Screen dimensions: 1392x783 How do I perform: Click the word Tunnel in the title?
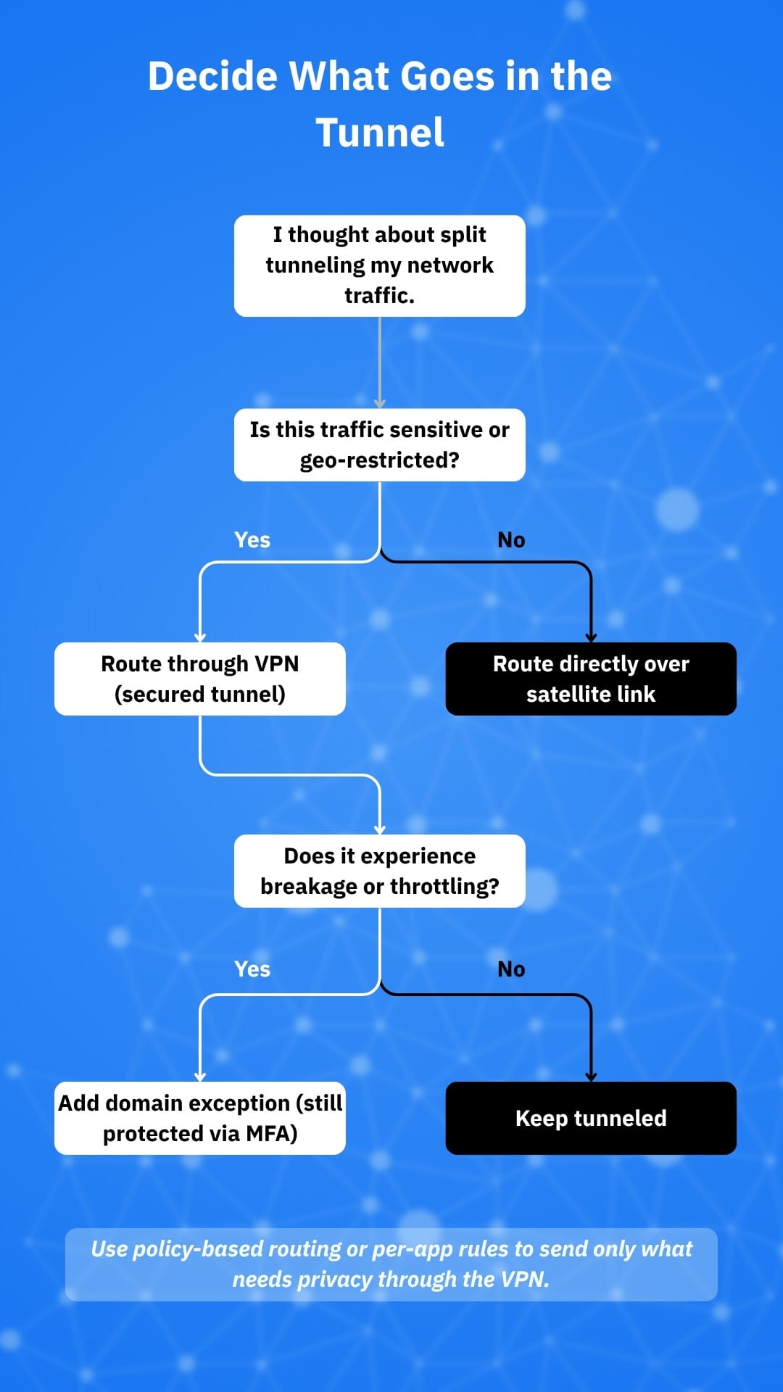pos(380,133)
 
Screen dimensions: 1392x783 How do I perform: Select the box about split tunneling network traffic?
pos(379,265)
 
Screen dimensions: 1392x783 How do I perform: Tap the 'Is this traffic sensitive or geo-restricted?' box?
pos(379,444)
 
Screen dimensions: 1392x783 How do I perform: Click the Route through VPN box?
pos(199,679)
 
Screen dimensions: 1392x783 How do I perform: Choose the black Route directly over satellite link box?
pos(591,679)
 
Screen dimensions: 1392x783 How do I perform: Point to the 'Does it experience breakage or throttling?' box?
pos(379,871)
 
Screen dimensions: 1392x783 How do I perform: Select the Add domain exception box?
pos(199,1118)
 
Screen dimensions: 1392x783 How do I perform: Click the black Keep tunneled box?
pos(591,1118)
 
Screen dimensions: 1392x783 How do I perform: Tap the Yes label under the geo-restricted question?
pos(252,540)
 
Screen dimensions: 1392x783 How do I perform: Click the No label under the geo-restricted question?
pos(511,540)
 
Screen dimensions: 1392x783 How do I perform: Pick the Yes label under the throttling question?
pos(252,969)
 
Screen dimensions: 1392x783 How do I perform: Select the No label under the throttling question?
pos(511,969)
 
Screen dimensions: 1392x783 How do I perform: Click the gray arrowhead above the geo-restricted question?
pos(379,403)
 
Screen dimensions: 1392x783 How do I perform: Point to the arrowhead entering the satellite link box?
pos(591,637)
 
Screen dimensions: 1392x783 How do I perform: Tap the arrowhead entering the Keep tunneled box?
pos(591,1077)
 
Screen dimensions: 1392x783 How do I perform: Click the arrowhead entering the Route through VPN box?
pos(200,637)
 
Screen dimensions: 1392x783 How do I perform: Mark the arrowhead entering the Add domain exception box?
pos(200,1077)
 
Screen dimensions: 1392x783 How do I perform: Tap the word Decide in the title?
pos(212,76)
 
